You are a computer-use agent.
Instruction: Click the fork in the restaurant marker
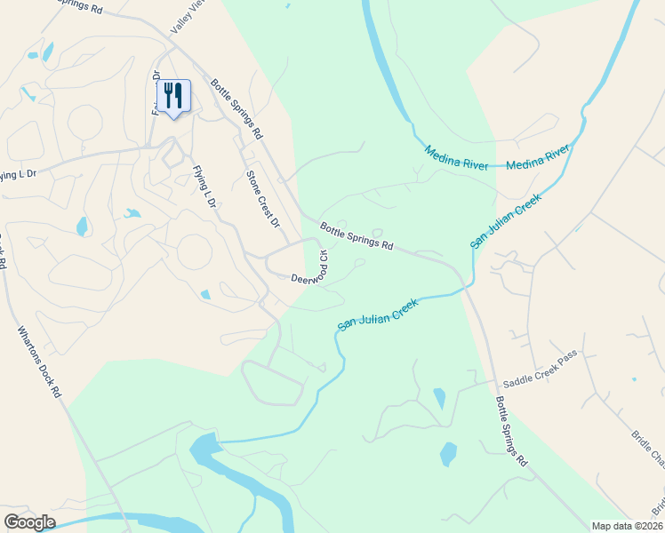(x=168, y=92)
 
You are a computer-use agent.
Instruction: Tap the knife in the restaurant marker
(x=179, y=92)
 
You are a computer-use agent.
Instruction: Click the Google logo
(x=29, y=522)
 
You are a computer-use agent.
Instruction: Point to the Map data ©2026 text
(x=628, y=526)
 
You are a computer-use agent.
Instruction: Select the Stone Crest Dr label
(x=262, y=198)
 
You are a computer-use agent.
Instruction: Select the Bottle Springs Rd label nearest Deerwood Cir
(x=357, y=235)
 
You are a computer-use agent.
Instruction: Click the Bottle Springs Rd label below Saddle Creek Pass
(x=512, y=432)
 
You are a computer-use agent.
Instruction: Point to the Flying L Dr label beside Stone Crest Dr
(x=204, y=187)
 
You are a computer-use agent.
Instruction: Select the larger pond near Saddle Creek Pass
(x=448, y=454)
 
